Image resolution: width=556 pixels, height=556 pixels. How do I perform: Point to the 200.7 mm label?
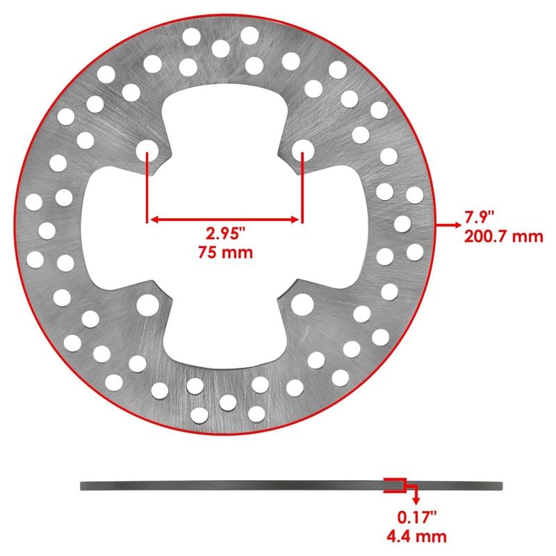click(502, 236)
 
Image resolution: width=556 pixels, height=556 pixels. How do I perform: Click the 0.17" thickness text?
click(416, 518)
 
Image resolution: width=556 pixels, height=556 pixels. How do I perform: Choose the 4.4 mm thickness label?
click(416, 535)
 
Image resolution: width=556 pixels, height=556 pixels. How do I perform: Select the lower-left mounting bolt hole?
click(147, 304)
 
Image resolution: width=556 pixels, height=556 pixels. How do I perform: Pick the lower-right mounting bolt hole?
click(302, 304)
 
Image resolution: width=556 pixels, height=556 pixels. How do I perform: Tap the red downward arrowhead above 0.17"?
click(416, 499)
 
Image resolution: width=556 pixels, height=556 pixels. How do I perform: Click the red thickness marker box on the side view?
click(394, 485)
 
